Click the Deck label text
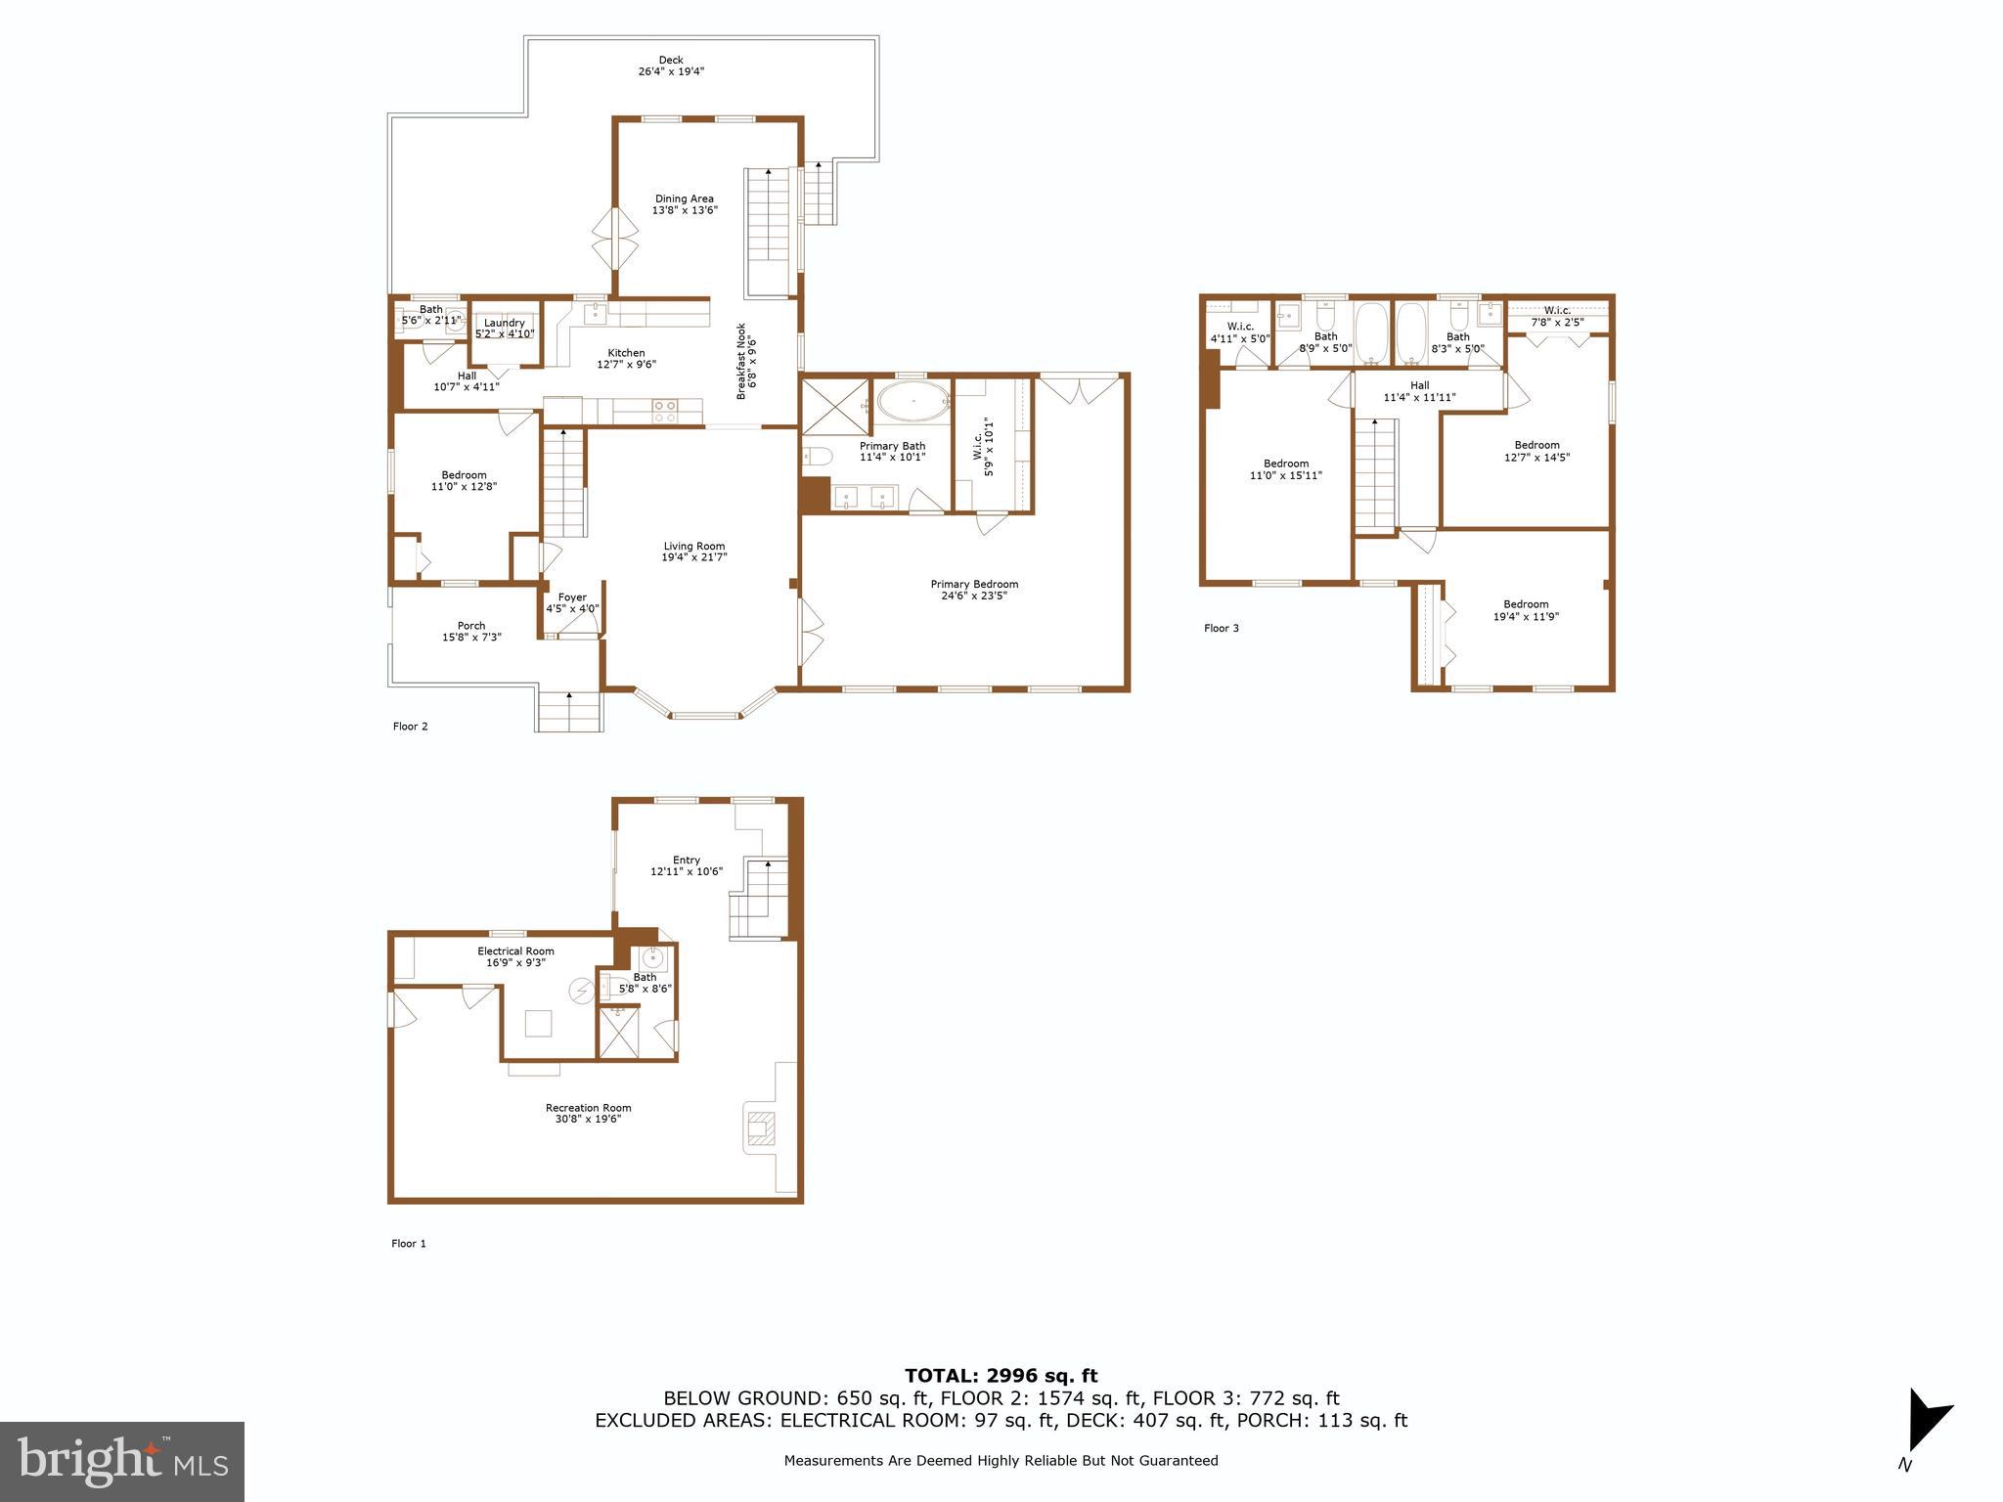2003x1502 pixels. (670, 61)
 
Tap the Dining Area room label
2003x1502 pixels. (684, 199)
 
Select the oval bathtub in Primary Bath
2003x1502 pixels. (912, 401)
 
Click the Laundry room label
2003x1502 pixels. (505, 323)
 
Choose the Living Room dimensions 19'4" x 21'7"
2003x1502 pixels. (694, 557)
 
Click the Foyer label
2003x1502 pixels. (572, 597)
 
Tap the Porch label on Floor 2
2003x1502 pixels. (471, 626)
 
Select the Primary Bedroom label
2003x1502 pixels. (974, 584)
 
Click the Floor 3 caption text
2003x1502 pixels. (1221, 628)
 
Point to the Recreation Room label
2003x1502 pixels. (588, 1108)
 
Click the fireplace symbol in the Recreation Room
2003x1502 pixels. (759, 1127)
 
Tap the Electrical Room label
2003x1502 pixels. (515, 950)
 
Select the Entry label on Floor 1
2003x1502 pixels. (687, 861)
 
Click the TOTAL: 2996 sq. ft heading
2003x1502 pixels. (1001, 1376)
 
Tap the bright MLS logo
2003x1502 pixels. (122, 1461)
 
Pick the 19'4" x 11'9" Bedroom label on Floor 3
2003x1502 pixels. (1526, 610)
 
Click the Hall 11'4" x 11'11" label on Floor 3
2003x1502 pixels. (1419, 391)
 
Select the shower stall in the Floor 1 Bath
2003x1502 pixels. (618, 1033)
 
